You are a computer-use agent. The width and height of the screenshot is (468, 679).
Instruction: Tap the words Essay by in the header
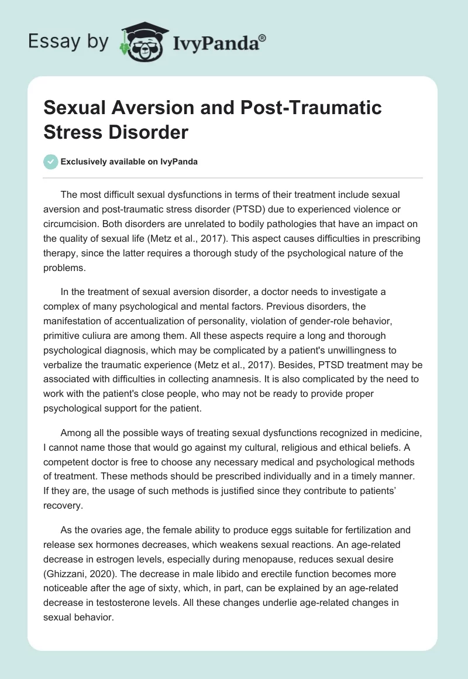click(x=68, y=42)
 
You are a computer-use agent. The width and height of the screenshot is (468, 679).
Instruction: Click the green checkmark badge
click(x=51, y=162)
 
